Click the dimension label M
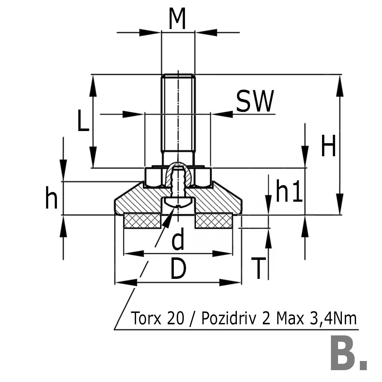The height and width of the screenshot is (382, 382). [178, 19]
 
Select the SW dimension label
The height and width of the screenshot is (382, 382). [255, 102]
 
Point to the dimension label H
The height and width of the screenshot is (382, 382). [328, 146]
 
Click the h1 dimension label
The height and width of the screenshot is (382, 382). [289, 191]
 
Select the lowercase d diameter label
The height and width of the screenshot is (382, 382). [178, 240]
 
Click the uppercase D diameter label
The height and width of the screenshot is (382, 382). [178, 269]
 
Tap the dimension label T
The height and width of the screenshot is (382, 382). [259, 268]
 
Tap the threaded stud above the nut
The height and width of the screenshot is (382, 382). [178, 115]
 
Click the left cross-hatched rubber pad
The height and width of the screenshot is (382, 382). [142, 221]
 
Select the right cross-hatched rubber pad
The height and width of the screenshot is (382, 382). [214, 221]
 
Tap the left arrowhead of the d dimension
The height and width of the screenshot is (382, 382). [132, 254]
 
